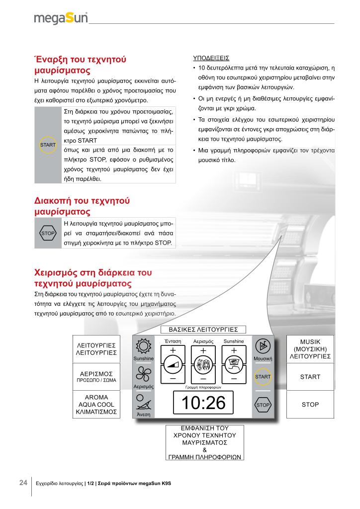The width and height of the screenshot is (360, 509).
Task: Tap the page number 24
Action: [23, 483]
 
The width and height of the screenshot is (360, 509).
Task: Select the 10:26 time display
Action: [204, 403]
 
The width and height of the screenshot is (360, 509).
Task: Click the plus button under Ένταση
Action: [173, 350]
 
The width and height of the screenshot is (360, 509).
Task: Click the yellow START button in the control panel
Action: [263, 377]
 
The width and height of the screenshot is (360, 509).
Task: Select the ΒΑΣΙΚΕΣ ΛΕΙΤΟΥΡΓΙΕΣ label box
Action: [204, 329]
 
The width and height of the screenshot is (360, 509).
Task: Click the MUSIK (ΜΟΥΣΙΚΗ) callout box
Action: [310, 349]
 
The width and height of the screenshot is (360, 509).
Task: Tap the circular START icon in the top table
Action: [48, 145]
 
